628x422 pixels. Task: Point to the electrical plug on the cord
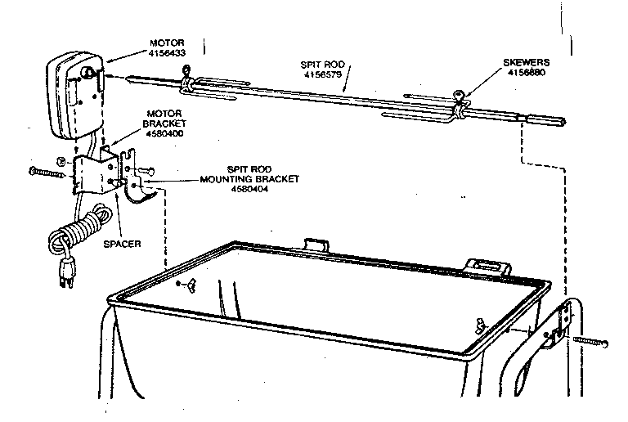[x=66, y=275]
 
